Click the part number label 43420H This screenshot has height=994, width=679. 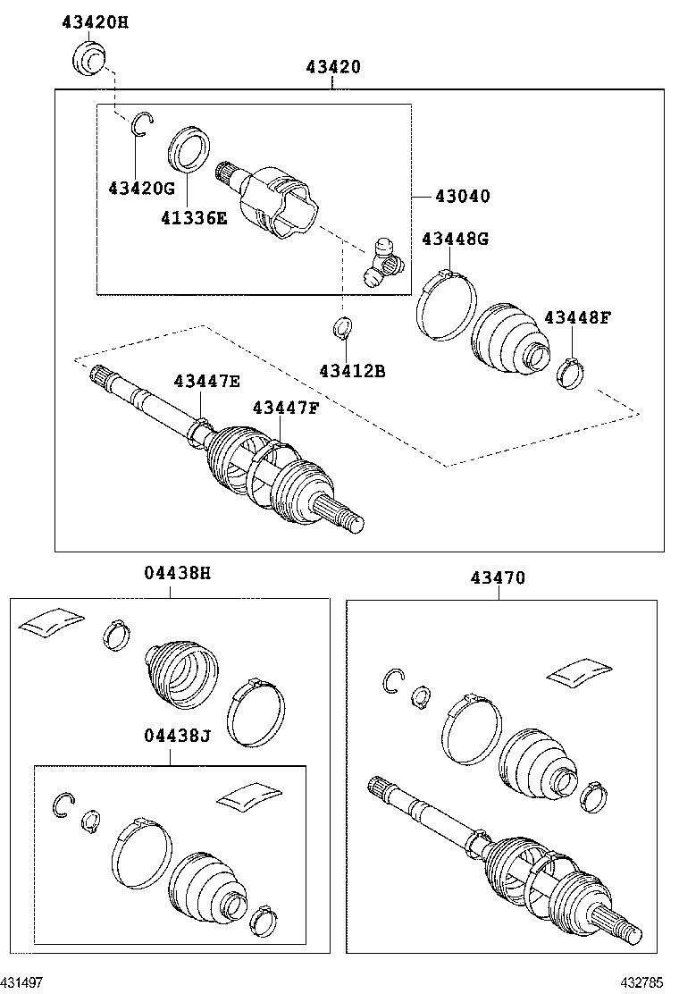pyautogui.click(x=95, y=21)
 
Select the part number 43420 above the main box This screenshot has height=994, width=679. pyautogui.click(x=332, y=66)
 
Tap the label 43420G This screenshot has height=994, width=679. pyautogui.click(x=141, y=188)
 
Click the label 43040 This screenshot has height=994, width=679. pyautogui.click(x=462, y=196)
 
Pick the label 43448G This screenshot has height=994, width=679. pyautogui.click(x=456, y=239)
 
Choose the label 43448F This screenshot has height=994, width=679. pyautogui.click(x=577, y=316)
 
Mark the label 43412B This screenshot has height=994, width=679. pyautogui.click(x=352, y=369)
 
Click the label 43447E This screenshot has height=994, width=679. pyautogui.click(x=207, y=382)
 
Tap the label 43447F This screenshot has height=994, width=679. pyautogui.click(x=286, y=408)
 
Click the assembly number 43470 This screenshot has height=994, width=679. pyautogui.click(x=498, y=578)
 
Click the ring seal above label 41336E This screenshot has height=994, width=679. pyautogui.click(x=189, y=147)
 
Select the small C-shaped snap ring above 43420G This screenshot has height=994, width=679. pyautogui.click(x=142, y=124)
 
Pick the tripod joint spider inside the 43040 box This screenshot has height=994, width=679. pyautogui.click(x=382, y=261)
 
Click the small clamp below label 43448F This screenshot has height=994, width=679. pyautogui.click(x=570, y=373)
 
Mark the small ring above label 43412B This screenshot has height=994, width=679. pyautogui.click(x=342, y=328)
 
